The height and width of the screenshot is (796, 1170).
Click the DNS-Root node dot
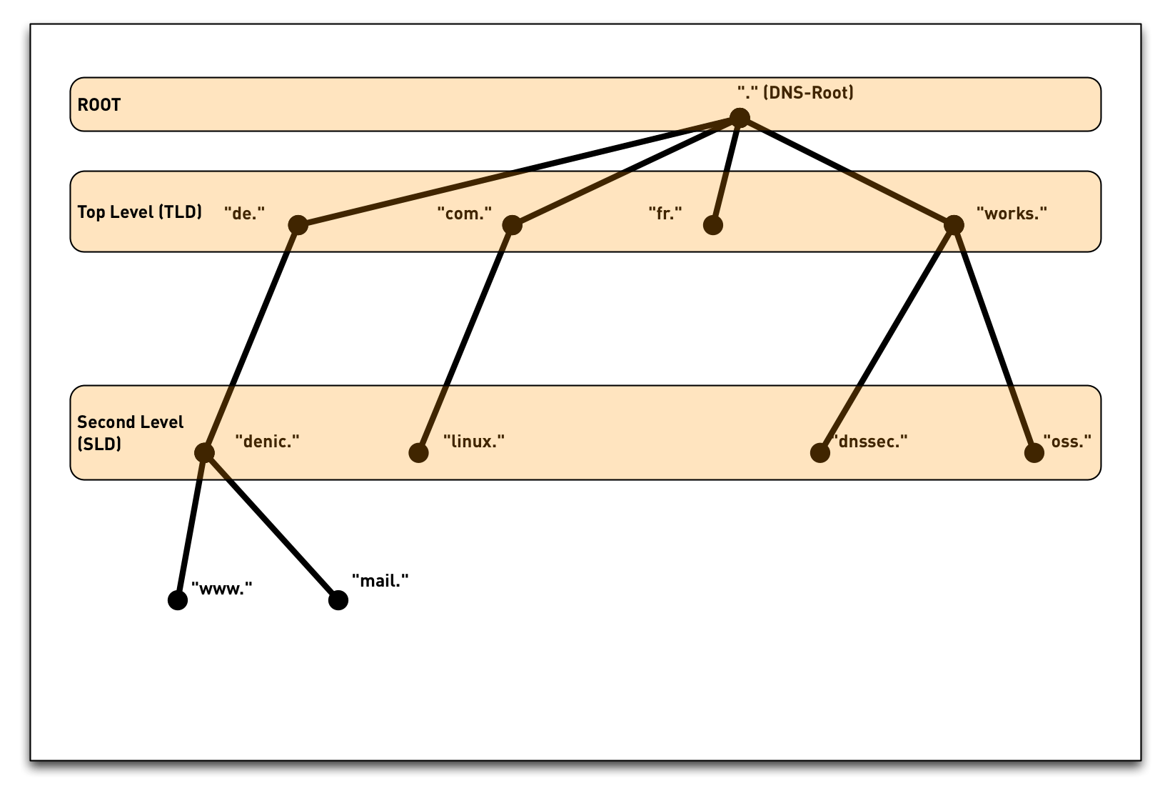coord(740,118)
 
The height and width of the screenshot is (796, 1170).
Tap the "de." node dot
coord(298,225)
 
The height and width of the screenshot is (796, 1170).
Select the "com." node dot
coord(512,225)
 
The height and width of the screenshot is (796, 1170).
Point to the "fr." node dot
coord(712,225)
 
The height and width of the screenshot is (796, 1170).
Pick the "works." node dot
coord(954,225)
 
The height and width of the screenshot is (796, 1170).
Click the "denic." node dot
coord(204,452)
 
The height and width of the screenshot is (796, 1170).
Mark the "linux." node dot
coord(418,452)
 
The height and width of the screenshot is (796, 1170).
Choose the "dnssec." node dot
coord(820,452)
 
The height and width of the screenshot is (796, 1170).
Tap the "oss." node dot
coord(1034,452)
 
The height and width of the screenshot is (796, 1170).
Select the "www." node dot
coord(177,600)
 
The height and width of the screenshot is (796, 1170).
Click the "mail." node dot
coord(338,600)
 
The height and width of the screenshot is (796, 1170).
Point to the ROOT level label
coord(99,105)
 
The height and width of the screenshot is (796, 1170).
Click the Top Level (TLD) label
coord(140,212)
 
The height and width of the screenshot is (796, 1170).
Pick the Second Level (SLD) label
coord(130,433)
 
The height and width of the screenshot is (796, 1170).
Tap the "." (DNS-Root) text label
coord(795,93)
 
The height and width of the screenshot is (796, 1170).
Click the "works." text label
coord(1012,214)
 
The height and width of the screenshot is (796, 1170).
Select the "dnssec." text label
coord(870,442)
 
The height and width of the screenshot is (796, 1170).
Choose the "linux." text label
coord(474,442)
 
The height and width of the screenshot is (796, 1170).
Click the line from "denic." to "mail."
coord(271,527)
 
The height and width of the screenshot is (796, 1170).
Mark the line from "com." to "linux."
coord(465,339)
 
